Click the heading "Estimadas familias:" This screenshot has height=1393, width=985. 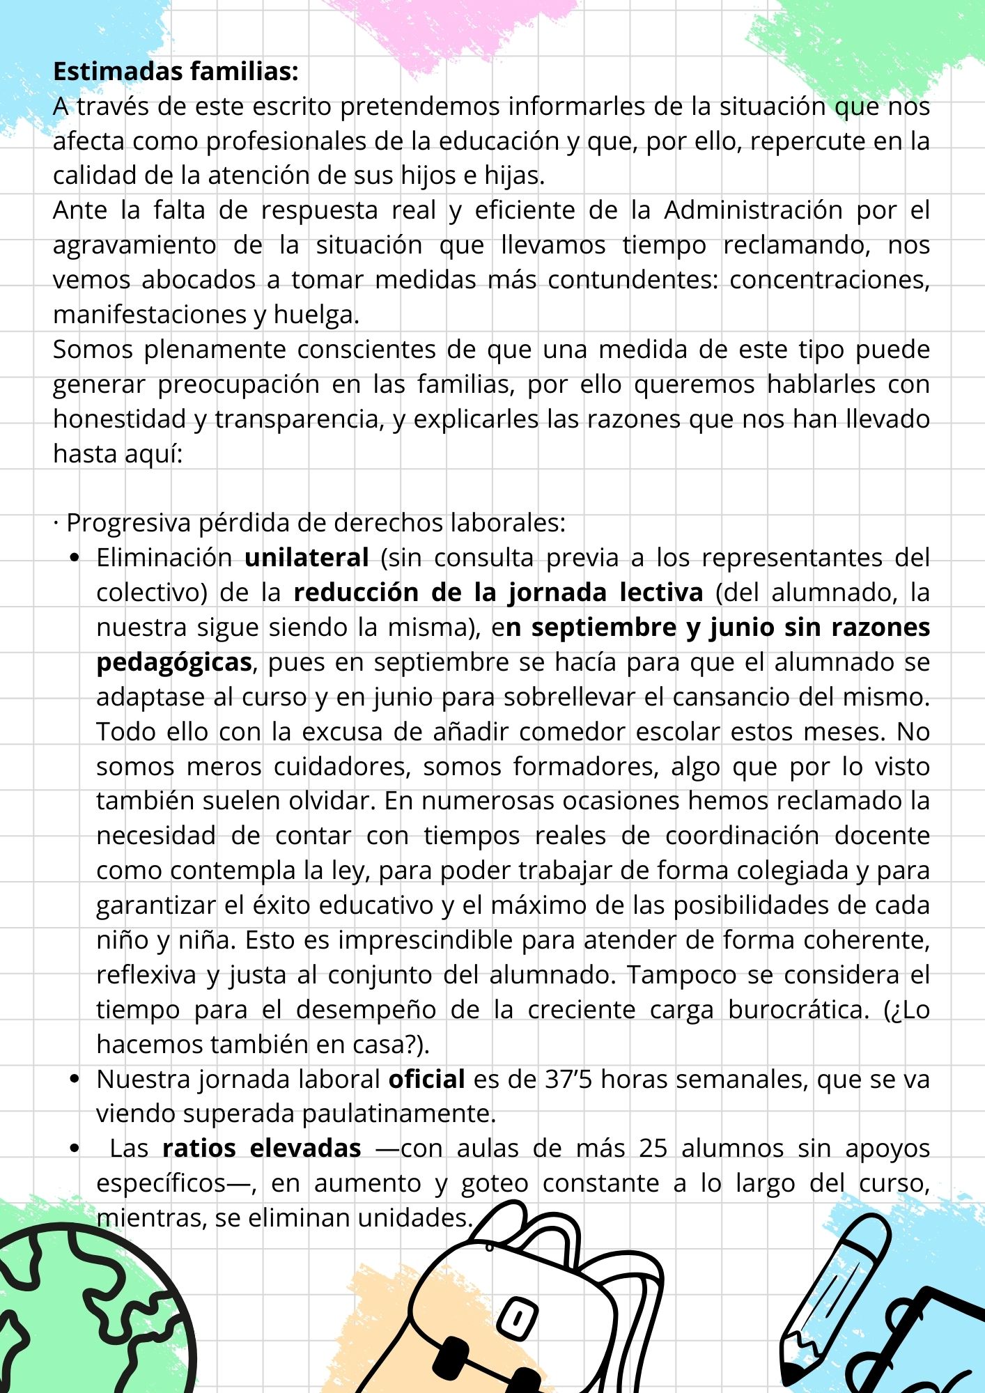point(176,71)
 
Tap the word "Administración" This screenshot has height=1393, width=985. point(753,210)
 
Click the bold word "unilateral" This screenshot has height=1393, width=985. point(307,557)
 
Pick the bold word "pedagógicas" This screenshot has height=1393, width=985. point(174,662)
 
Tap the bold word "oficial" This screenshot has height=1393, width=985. point(426,1079)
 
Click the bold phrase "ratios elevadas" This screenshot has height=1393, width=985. point(261,1148)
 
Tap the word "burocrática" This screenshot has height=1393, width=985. point(794,1009)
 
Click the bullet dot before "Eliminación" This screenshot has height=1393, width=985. point(75,558)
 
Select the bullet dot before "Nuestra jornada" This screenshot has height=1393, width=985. point(75,1079)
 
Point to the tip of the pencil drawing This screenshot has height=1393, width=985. point(790,1375)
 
